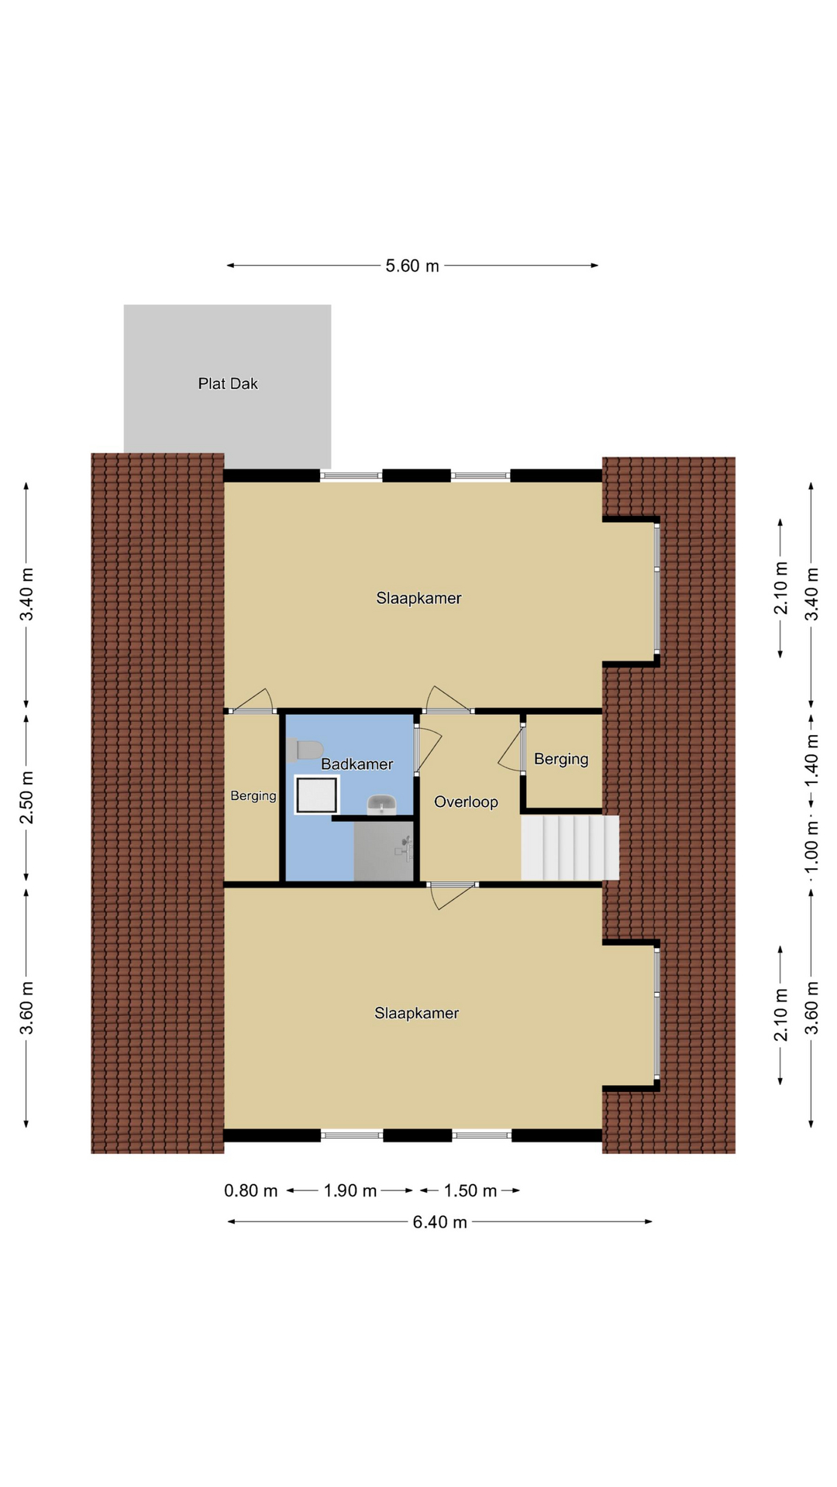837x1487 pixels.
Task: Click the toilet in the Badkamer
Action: [x=305, y=750]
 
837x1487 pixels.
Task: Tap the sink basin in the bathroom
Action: [x=381, y=805]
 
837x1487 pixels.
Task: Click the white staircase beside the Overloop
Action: [x=570, y=847]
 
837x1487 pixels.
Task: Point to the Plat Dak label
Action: [x=228, y=383]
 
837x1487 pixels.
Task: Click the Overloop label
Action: [x=466, y=802]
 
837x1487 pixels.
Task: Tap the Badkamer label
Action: [x=356, y=764]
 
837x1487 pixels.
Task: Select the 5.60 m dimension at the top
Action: [x=412, y=266]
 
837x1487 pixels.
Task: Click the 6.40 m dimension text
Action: [x=439, y=1222]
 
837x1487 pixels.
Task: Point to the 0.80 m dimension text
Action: [x=250, y=1190]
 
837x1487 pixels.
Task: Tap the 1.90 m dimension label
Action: [x=350, y=1190]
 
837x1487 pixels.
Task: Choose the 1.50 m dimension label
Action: [x=470, y=1190]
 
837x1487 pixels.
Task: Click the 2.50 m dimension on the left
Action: [x=26, y=798]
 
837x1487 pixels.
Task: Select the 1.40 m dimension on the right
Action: [x=811, y=759]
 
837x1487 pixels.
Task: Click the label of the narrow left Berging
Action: [x=253, y=795]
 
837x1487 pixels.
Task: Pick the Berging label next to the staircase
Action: [x=561, y=759]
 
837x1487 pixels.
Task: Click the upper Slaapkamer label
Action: [x=418, y=598]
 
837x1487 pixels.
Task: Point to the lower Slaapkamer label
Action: [x=416, y=1013]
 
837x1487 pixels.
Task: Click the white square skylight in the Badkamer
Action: [x=316, y=795]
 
